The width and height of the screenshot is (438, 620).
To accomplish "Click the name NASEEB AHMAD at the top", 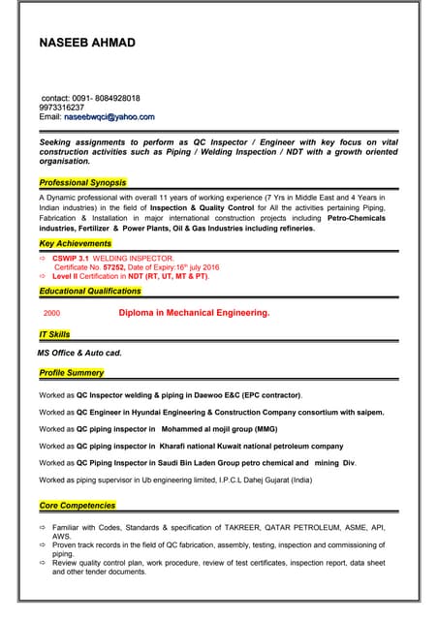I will point(87,43).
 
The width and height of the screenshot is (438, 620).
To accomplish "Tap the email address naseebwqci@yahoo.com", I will point(109,117).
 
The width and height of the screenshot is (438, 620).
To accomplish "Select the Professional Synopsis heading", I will point(82,182).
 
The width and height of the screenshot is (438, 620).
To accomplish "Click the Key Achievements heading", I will point(75,243).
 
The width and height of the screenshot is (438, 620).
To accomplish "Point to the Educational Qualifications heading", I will point(90,291).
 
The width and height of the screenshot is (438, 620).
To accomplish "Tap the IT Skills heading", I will point(54,334).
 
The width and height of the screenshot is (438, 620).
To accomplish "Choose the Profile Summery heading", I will point(72,373).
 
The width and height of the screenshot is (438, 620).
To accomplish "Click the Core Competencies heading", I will point(78,505).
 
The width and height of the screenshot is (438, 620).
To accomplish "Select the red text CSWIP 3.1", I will point(70,259).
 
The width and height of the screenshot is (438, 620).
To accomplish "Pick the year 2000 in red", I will point(52,314).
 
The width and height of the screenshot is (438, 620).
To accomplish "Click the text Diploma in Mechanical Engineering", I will point(194,314).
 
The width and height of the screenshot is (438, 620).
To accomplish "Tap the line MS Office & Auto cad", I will point(79,354).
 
